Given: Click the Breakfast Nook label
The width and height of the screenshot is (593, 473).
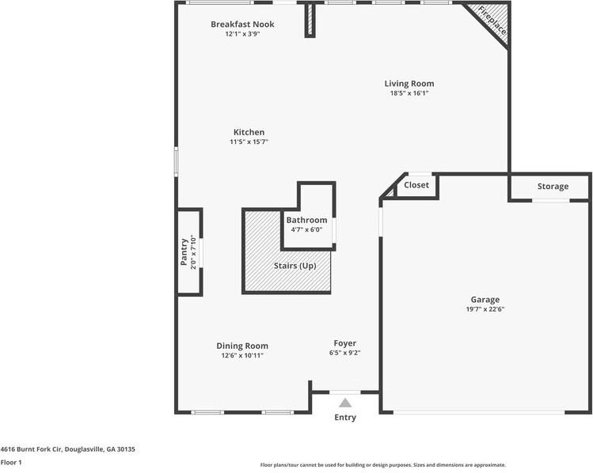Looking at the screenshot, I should coord(242,25).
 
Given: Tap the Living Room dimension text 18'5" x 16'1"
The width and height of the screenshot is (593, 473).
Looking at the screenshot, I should coord(409,93).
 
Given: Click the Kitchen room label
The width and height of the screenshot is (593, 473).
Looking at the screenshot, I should coord(249,132).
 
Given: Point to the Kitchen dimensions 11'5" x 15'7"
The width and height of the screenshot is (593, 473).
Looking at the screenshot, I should coord(249,142).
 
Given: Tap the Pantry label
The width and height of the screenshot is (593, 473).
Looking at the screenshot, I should coord(184,252).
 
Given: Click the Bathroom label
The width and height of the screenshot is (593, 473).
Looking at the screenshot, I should coord(306,220).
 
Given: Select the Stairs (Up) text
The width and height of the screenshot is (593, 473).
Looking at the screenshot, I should coord(295,266).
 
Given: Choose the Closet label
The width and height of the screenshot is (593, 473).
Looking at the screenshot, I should coord(416,185).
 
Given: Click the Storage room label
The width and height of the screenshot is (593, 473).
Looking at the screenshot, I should coord(553,187).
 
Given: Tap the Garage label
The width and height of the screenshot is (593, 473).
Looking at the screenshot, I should coord(485,300).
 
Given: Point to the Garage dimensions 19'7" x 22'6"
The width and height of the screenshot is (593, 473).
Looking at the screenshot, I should coord(485,309).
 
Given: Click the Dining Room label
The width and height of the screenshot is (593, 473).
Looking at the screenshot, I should coord(242,346).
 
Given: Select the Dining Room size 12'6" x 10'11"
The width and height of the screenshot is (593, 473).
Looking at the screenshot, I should coord(242,356).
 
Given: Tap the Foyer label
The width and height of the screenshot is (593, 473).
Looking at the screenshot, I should coord(344,343).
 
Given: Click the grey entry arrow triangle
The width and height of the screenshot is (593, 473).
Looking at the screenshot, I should coord(345,403).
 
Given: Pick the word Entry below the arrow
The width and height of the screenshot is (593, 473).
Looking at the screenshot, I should coord(345,418).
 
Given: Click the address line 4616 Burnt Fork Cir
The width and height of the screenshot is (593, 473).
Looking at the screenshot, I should coord(68,448).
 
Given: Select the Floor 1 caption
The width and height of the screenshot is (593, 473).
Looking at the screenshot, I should coord(11,462).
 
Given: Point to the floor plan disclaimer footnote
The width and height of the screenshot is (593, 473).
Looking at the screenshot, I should coord(382,465).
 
